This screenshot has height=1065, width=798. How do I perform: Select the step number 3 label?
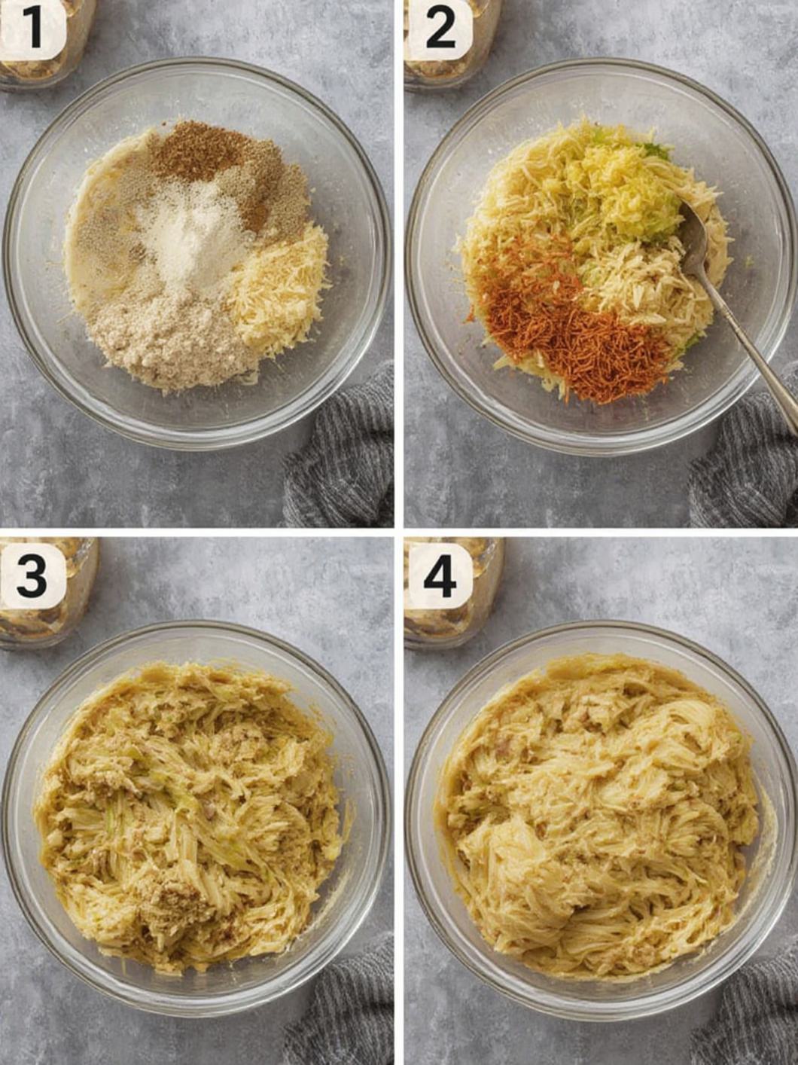tap(32, 576)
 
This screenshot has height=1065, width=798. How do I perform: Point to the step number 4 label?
tap(439, 575)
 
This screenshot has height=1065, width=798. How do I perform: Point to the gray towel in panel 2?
tap(745, 467)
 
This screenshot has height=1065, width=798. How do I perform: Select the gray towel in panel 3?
tap(346, 1009)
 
